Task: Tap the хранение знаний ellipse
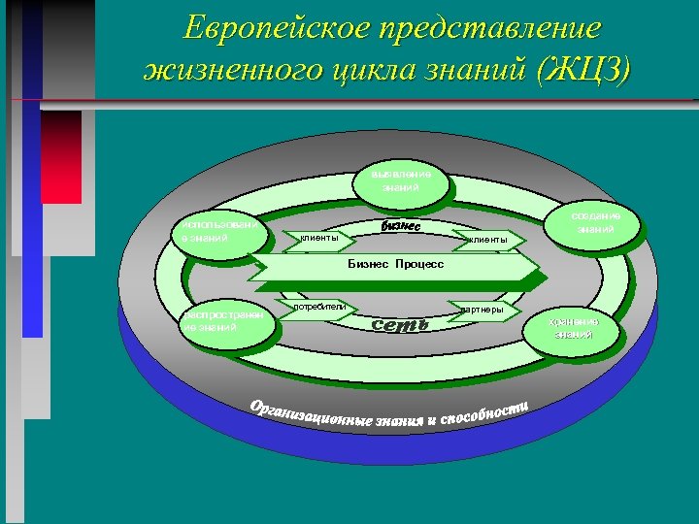click(572, 328)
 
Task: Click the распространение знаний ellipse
click(224, 321)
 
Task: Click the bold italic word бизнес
click(402, 226)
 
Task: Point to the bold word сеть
click(401, 323)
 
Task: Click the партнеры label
click(482, 310)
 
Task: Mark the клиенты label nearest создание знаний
click(487, 239)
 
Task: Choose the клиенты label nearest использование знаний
click(319, 237)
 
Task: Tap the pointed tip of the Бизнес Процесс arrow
click(539, 265)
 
